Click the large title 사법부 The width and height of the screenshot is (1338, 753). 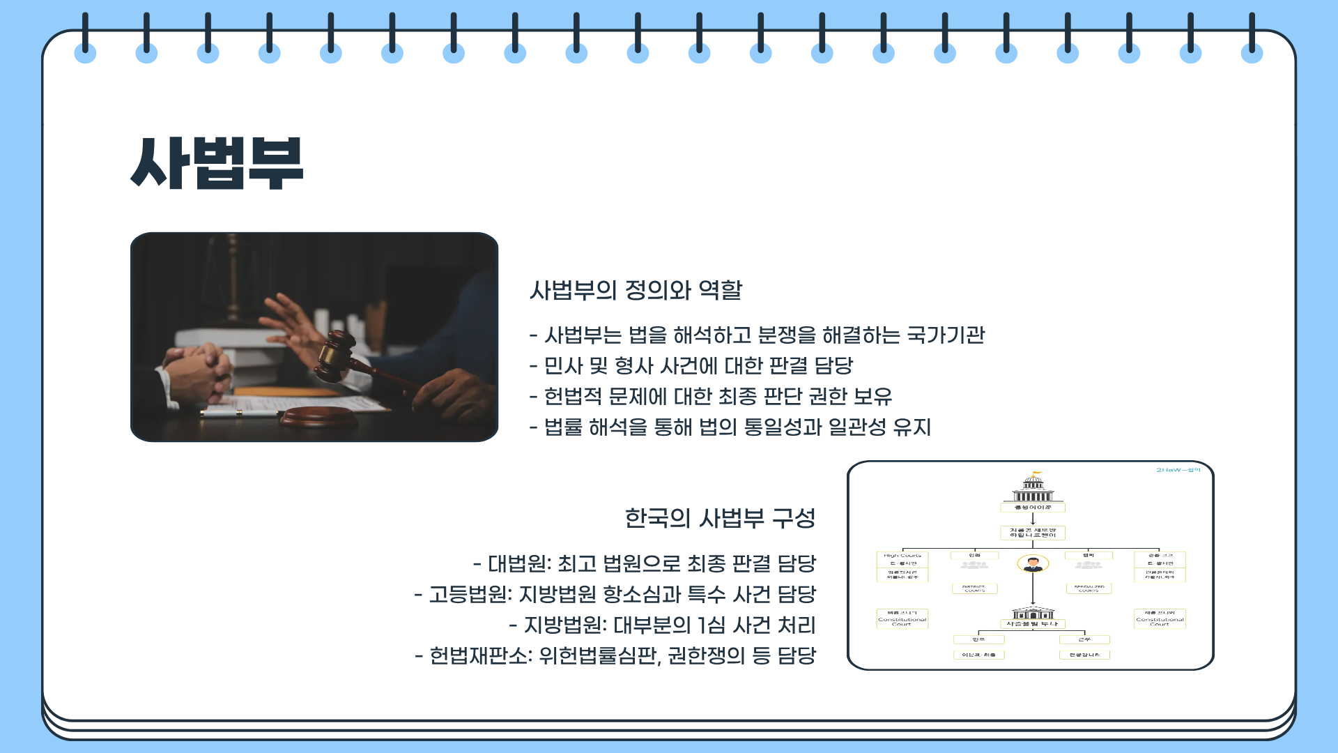[217, 163]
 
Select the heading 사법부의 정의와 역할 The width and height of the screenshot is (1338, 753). [636, 290]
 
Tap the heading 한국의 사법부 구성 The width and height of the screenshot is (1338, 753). [720, 518]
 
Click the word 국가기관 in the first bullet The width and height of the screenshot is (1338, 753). [946, 335]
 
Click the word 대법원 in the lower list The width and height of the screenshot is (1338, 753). [516, 563]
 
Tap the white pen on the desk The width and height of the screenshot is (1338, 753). [237, 412]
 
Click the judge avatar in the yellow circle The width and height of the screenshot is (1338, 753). [1033, 563]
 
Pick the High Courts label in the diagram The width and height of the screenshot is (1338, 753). [902, 556]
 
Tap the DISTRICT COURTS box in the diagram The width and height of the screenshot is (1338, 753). [974, 588]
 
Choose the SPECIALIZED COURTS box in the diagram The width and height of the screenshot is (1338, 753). [1089, 588]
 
